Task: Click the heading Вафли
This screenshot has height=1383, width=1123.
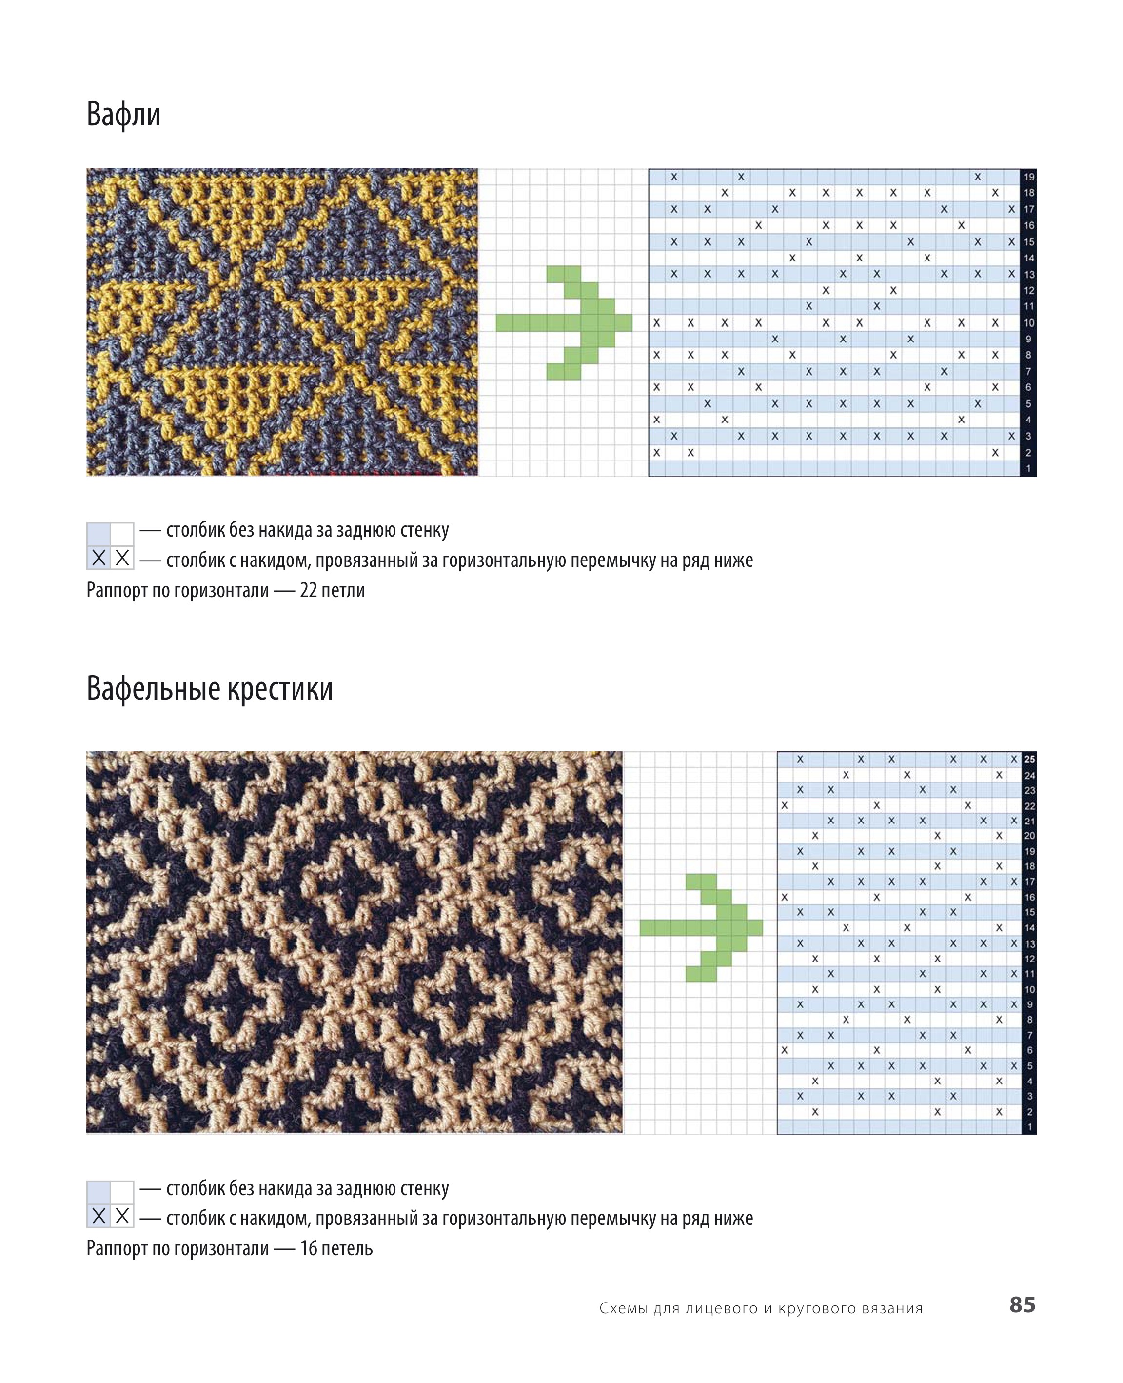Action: coord(123,115)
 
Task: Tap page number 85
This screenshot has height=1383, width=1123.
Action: coord(1022,1304)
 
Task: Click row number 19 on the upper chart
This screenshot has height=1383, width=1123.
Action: coord(1028,177)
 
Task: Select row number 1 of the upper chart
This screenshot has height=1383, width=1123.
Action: coord(1028,468)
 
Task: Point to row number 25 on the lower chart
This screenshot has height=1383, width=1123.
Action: coord(1029,759)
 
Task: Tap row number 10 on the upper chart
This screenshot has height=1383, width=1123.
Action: coord(1028,322)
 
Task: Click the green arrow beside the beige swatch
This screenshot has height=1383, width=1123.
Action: coord(701,927)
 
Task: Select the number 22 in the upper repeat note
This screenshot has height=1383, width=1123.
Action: coord(309,590)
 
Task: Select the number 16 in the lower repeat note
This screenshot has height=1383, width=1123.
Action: coord(309,1248)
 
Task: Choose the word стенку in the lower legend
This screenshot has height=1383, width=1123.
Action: coord(424,1188)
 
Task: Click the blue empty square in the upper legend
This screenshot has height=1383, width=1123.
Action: coord(99,535)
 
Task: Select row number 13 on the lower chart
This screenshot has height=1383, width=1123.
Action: coord(1029,943)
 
